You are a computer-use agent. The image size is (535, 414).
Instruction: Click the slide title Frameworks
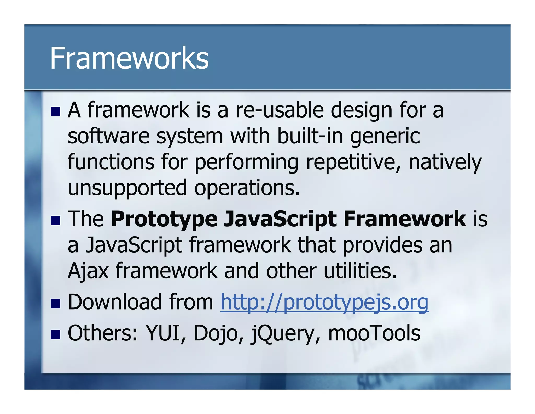[x=129, y=58]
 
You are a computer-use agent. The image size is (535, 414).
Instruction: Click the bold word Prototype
[x=164, y=219]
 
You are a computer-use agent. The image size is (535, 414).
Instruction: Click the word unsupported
[x=127, y=188]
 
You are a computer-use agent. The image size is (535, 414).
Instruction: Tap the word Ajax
[x=88, y=271]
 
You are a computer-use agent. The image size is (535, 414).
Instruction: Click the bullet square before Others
[x=55, y=334]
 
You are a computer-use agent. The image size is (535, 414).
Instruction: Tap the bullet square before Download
[x=55, y=304]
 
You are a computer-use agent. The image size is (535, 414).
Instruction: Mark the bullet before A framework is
[x=55, y=111]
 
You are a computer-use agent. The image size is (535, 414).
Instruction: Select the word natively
[x=445, y=163]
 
